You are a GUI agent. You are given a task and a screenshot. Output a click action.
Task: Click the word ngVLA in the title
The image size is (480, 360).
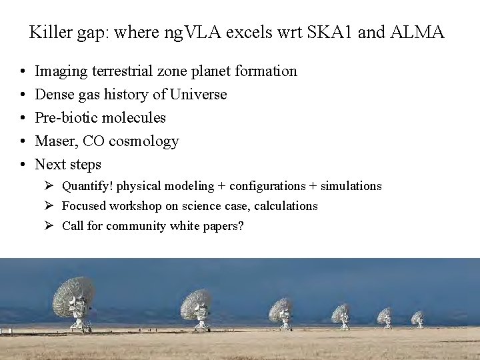coord(195,32)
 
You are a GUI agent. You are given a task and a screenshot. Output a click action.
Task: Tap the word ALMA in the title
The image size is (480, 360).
coord(419,32)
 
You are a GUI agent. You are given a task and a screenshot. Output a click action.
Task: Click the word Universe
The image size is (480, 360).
coord(198,94)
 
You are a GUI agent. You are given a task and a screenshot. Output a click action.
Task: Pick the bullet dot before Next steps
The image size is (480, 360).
coord(23,165)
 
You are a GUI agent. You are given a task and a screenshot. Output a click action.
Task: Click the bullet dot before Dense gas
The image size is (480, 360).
coord(23,95)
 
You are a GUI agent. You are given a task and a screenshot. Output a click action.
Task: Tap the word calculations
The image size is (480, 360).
coord(285,206)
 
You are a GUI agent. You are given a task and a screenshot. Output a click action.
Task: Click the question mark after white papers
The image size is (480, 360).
coord(241,226)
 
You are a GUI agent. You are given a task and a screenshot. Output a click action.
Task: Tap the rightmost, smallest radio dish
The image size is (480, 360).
coord(417,317)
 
